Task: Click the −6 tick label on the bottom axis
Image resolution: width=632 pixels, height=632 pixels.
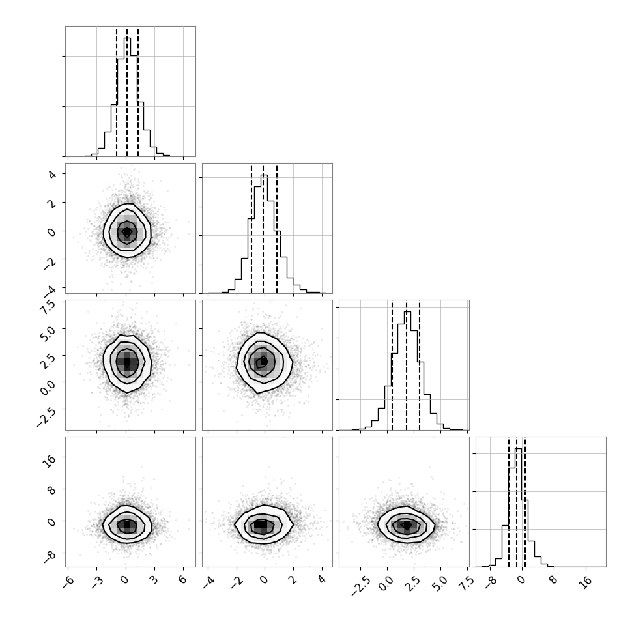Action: (x=68, y=581)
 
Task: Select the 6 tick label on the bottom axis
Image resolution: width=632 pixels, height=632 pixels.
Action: (x=182, y=580)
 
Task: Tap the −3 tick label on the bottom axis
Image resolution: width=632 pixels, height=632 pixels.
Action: (x=97, y=581)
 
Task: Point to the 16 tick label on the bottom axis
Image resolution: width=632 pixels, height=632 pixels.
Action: (x=587, y=581)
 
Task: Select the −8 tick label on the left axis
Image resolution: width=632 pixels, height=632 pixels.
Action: (x=50, y=556)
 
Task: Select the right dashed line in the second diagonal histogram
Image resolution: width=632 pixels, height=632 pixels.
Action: (x=277, y=229)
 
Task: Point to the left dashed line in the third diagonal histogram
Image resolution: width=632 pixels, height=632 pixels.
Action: (x=392, y=366)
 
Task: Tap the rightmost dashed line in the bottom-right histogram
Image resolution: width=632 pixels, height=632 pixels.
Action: (x=525, y=502)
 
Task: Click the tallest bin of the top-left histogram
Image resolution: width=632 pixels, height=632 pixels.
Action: (x=127, y=96)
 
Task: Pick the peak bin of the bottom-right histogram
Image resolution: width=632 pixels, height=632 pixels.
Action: (x=519, y=508)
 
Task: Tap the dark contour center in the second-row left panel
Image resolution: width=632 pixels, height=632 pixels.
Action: (x=127, y=232)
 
